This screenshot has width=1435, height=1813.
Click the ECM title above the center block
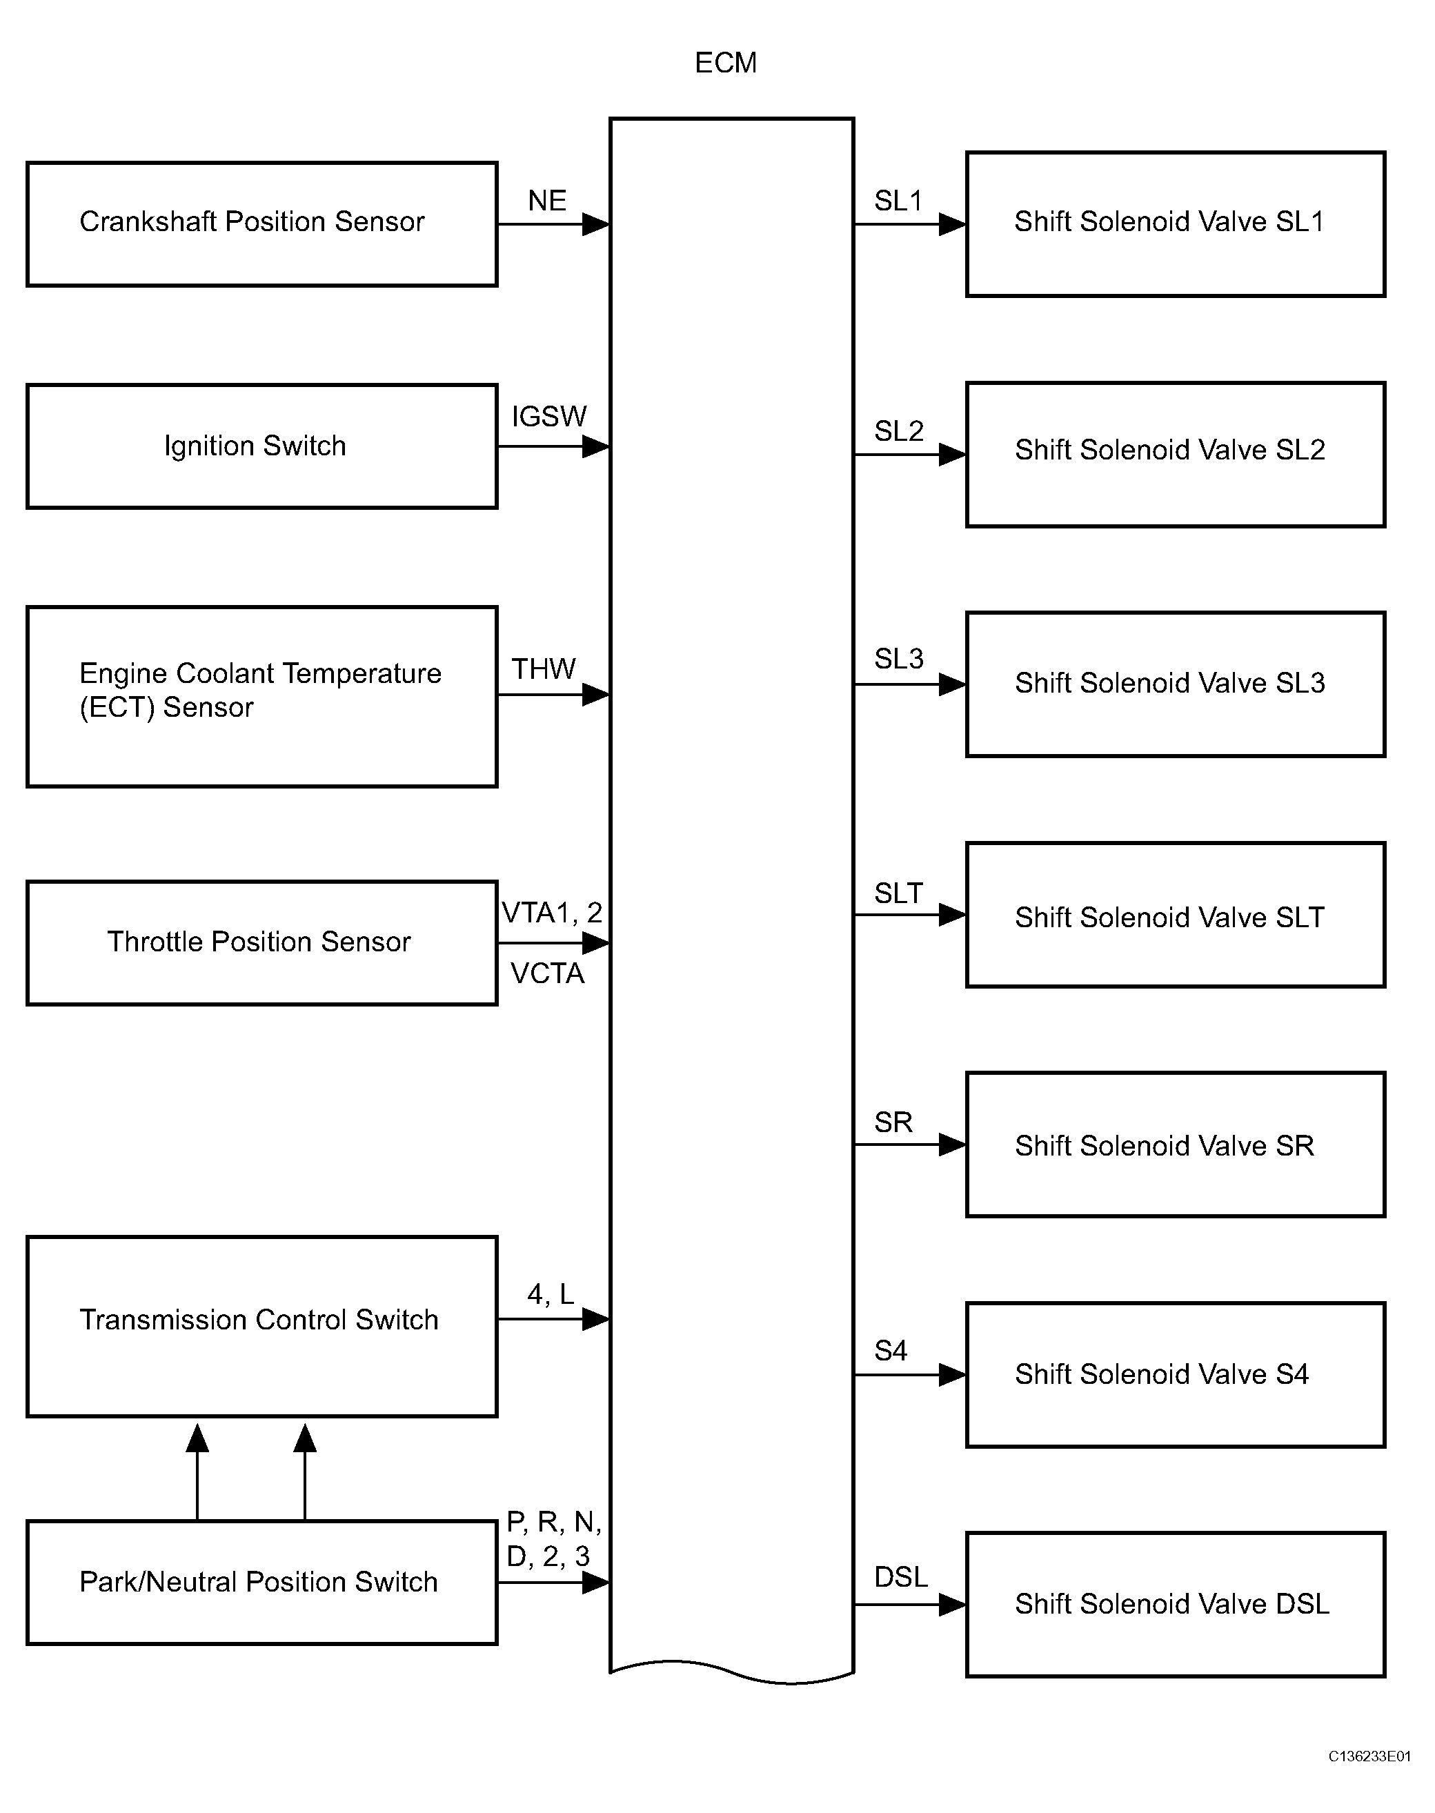tap(726, 63)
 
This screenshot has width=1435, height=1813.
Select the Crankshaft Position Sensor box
tap(262, 224)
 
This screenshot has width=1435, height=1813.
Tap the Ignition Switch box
tap(262, 446)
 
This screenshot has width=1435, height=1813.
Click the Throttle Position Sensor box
tap(262, 942)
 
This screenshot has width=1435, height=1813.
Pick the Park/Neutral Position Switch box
tap(262, 1582)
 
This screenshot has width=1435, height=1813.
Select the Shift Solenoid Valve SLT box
tap(1176, 915)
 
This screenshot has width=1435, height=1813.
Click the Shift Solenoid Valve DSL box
tap(1176, 1605)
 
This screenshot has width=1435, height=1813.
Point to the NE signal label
tap(547, 201)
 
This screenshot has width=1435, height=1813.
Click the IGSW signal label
tap(548, 417)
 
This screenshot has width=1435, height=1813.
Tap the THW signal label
tap(544, 670)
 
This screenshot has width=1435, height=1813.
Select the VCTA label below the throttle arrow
tap(547, 973)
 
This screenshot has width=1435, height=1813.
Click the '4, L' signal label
tap(551, 1295)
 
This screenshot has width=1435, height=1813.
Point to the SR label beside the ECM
tap(893, 1122)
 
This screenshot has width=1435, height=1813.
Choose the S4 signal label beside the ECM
tap(891, 1351)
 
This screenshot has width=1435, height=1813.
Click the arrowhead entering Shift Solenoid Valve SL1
tap(952, 224)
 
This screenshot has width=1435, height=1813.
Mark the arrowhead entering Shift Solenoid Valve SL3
tap(952, 685)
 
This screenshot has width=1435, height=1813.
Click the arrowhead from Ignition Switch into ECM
tap(595, 446)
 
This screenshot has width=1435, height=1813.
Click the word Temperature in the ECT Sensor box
tap(362, 674)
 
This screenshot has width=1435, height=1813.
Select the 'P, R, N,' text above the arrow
tap(554, 1523)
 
